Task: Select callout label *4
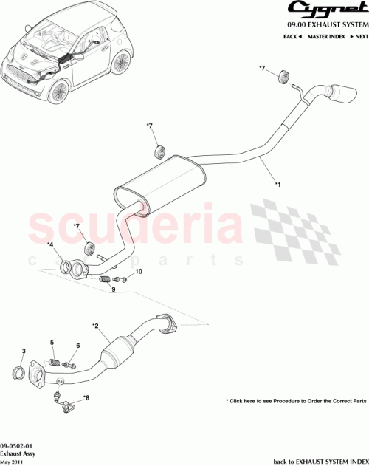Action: coord(50,245)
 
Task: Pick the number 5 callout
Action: coord(52,342)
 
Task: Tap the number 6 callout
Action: coord(77,346)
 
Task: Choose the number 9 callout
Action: coord(114,289)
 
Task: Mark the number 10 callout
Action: coord(139,272)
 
